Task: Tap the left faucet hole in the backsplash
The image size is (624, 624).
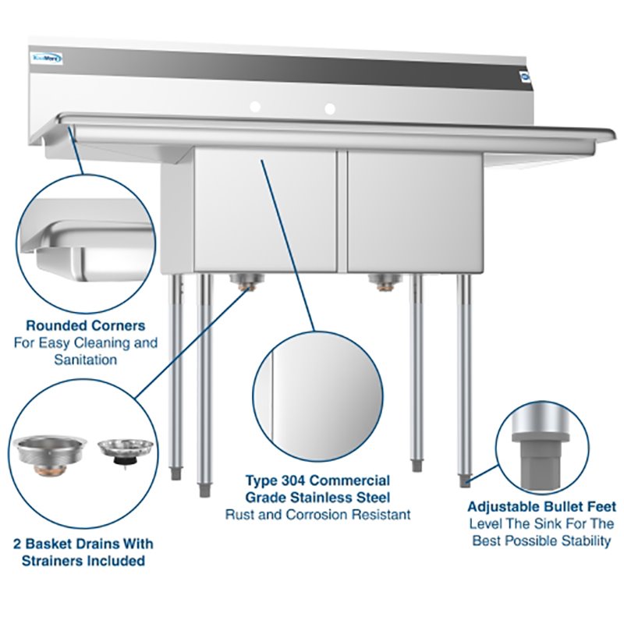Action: point(255,107)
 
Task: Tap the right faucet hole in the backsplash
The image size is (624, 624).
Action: point(330,107)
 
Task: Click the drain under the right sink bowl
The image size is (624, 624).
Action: point(383,282)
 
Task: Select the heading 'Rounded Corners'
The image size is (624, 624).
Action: point(86,325)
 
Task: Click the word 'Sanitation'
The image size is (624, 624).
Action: point(86,360)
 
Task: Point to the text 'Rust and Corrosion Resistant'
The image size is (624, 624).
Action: point(317,515)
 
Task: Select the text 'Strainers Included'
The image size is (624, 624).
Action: point(83,560)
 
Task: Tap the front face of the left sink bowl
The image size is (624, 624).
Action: point(265,211)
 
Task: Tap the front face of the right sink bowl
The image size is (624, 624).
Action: point(413,211)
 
